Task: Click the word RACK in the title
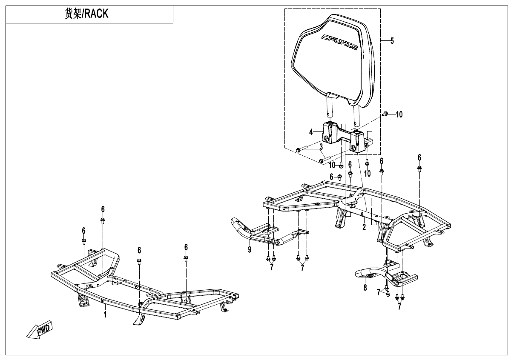coord(96,14)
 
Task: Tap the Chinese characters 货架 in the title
coord(72,14)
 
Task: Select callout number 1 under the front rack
coord(105,314)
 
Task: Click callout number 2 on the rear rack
coord(364,227)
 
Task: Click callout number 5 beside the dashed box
coord(392,41)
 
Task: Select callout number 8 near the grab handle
coord(365,288)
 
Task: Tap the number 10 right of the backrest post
coord(399,114)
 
